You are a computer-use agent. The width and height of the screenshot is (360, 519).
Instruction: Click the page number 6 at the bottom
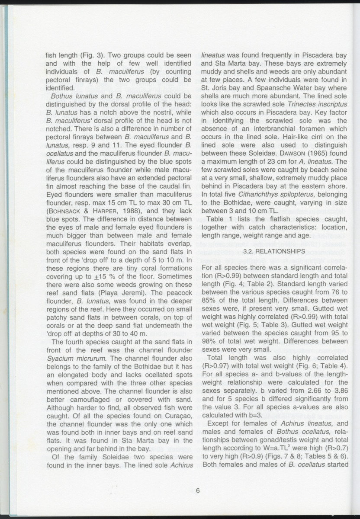pyautogui.click(x=197, y=490)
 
